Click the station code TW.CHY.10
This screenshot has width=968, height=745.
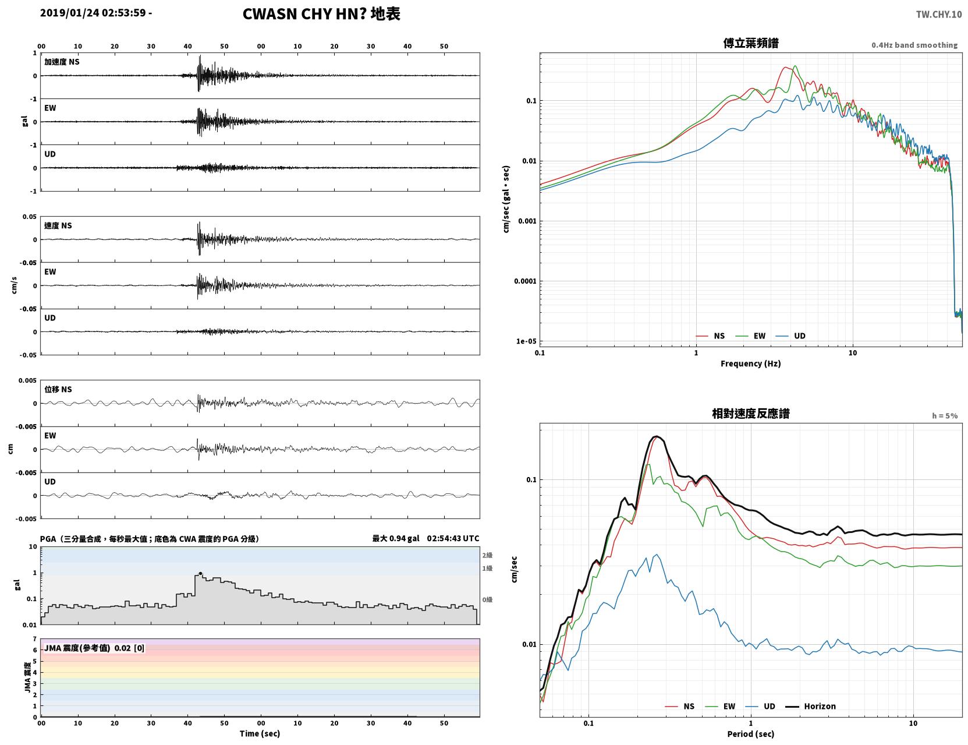coord(938,14)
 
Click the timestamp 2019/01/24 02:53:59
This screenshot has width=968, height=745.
coord(93,12)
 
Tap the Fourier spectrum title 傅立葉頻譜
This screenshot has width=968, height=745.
coord(751,43)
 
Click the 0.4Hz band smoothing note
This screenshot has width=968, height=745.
coord(914,45)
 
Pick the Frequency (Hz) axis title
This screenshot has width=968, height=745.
coord(751,363)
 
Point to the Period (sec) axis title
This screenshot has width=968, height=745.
coord(751,734)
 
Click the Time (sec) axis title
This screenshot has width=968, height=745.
coord(260,733)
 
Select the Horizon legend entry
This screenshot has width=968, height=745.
coord(810,706)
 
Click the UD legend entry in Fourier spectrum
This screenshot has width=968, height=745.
coord(790,336)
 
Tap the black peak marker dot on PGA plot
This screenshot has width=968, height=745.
coord(200,573)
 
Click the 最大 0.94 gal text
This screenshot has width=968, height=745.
coord(396,538)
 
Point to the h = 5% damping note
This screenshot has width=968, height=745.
coord(944,416)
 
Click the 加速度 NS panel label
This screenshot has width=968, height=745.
coord(62,62)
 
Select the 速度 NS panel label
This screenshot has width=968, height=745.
coord(58,225)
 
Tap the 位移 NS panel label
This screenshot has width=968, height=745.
coord(58,389)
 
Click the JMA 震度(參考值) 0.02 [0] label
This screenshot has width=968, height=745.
coord(94,648)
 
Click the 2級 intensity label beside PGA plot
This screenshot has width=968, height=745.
coord(487,555)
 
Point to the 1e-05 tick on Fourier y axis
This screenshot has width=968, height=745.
coord(526,341)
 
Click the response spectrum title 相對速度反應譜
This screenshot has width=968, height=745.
coord(751,414)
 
